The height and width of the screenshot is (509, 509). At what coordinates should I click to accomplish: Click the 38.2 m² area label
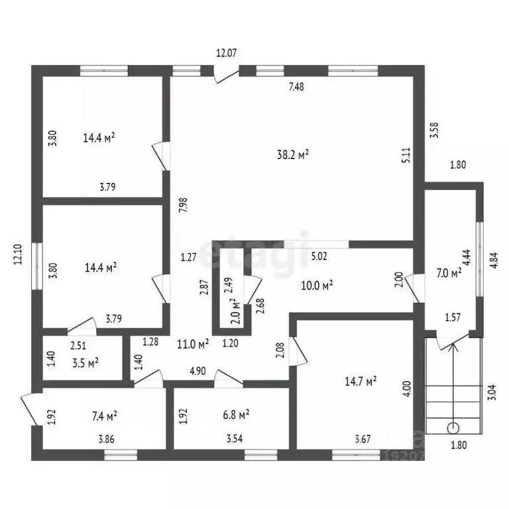coord(292,154)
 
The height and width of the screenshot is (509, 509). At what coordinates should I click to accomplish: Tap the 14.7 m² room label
coord(361,381)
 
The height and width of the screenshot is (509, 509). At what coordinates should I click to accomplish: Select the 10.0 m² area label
coord(317,286)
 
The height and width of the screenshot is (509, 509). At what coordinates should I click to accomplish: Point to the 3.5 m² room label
coord(85,363)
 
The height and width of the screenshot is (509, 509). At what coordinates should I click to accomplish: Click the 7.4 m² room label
coord(104,416)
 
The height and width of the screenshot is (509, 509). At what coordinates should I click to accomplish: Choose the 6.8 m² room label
coord(236,414)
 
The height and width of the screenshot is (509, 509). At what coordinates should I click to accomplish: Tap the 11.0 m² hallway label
coord(192,343)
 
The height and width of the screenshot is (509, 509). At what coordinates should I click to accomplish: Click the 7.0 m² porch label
coord(449,273)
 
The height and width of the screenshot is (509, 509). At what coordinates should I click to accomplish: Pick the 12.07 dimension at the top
coord(226,52)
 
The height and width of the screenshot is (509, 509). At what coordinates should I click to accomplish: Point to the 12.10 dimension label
coord(18,254)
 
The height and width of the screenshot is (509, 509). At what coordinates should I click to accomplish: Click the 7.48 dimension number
coord(296,87)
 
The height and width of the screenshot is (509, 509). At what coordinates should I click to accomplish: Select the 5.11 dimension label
coord(406,155)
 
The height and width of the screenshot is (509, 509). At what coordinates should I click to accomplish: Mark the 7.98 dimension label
coord(183,205)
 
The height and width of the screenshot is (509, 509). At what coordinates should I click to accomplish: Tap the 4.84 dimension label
coord(493,260)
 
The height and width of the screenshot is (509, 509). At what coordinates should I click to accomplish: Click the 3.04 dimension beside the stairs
coord(492,392)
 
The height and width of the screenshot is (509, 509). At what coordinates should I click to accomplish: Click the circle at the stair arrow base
coord(453,429)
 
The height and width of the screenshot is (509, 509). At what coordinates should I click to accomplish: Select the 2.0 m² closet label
coord(237,311)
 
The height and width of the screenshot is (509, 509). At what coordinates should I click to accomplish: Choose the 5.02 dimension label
coord(319,256)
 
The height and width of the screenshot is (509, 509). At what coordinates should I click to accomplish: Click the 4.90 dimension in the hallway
coord(198,370)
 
